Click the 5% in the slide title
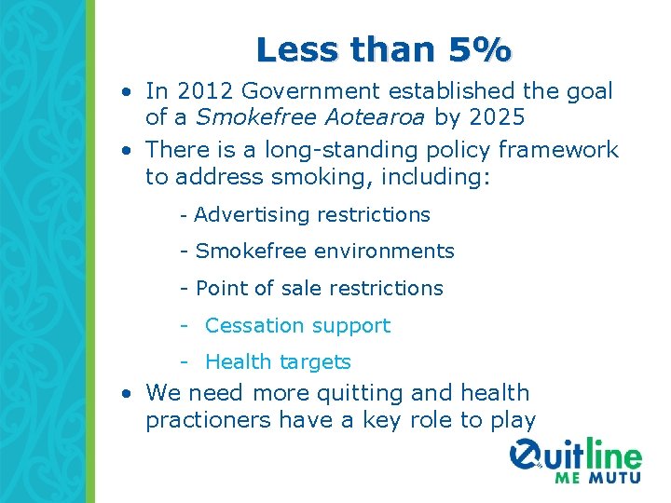point(480,49)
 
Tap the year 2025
point(498,118)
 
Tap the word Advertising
point(253,215)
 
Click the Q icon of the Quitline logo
point(527,456)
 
